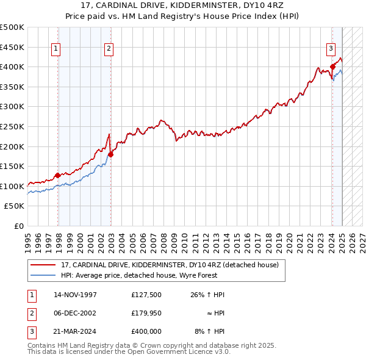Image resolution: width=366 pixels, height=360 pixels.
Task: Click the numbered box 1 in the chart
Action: [x=56, y=49]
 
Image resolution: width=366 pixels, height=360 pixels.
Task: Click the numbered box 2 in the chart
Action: [x=108, y=49]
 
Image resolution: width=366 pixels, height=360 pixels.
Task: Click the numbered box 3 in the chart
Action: [x=330, y=49]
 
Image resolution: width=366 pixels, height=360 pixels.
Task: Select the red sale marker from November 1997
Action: [x=57, y=175]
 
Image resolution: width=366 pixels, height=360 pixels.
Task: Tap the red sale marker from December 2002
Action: [x=110, y=154]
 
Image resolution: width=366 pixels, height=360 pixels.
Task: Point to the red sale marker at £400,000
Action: [x=332, y=67]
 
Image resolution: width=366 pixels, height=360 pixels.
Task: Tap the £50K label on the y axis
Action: [x=15, y=206]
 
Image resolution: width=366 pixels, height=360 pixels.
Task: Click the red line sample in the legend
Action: [x=43, y=265]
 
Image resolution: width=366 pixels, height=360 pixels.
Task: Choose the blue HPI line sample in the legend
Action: [x=43, y=275]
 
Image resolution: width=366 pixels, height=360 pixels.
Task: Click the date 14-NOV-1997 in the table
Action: [x=75, y=295]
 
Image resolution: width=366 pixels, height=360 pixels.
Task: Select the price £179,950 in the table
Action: [x=146, y=313]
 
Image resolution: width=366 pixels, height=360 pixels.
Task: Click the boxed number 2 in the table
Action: [x=31, y=313]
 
